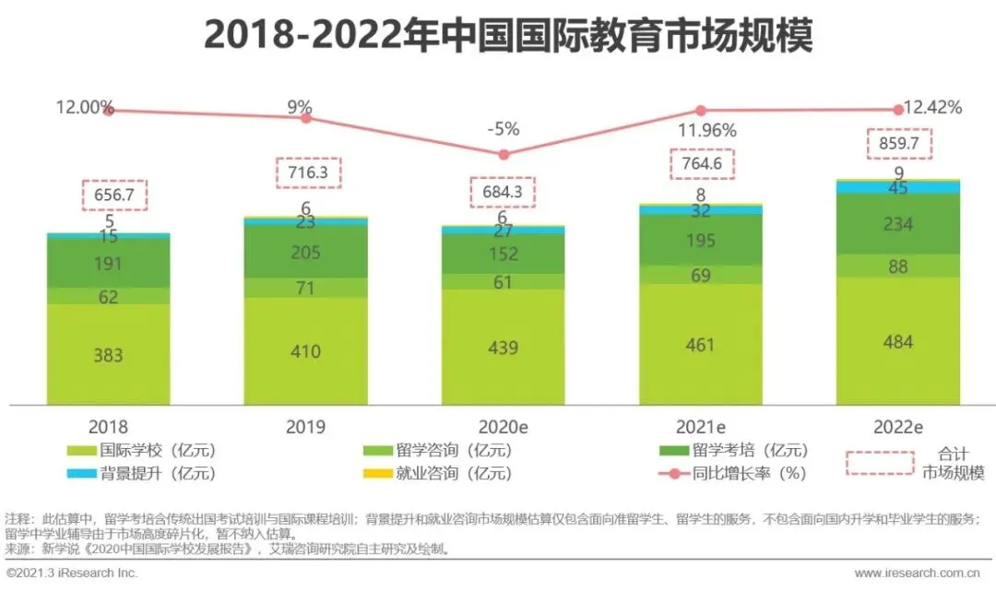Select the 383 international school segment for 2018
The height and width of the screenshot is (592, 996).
pyautogui.click(x=109, y=355)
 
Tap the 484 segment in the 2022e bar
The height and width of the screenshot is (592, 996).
pyautogui.click(x=897, y=342)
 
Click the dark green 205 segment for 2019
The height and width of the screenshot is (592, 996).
pyautogui.click(x=306, y=252)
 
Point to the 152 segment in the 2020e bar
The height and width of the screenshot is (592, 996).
pyautogui.click(x=503, y=254)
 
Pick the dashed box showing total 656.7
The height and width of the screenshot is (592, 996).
pyautogui.click(x=114, y=195)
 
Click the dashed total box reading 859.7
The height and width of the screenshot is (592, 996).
pyautogui.click(x=900, y=144)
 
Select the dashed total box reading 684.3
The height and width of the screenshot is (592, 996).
pyautogui.click(x=503, y=191)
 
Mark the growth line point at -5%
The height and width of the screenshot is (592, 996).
pyautogui.click(x=504, y=154)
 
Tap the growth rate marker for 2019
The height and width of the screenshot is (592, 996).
pyautogui.click(x=306, y=118)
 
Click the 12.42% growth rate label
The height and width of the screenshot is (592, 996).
pyautogui.click(x=931, y=108)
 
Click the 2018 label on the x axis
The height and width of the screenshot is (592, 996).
pyautogui.click(x=109, y=427)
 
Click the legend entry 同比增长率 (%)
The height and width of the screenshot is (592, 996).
pyautogui.click(x=738, y=474)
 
